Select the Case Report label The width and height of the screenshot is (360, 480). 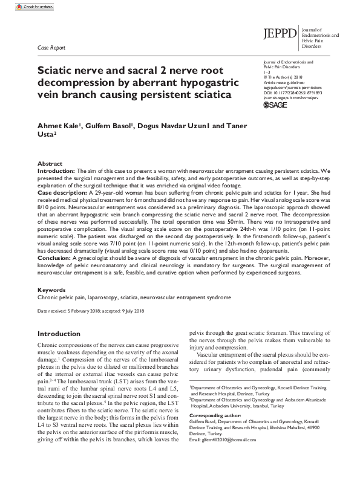[x=51, y=47]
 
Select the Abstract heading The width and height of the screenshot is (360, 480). [x=50, y=164]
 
